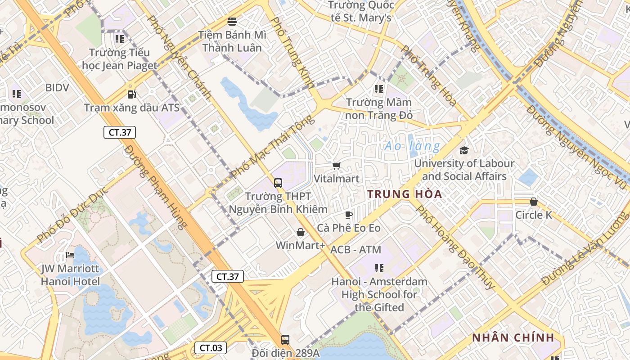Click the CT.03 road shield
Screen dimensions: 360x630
click(211, 347)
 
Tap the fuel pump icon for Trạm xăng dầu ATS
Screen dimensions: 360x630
click(131, 94)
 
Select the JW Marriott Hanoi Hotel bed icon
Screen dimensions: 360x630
click(70, 255)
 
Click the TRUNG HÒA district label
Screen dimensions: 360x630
click(405, 194)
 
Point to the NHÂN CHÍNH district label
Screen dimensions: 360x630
click(513, 338)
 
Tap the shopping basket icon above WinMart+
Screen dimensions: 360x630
click(300, 232)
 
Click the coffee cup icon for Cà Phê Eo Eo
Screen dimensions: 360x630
click(348, 215)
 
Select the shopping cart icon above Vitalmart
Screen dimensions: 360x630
click(336, 166)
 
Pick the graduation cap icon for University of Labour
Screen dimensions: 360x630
click(464, 150)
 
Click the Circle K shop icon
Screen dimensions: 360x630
click(533, 202)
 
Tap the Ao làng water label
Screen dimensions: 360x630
click(413, 146)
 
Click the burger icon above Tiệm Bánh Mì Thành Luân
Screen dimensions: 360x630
click(232, 21)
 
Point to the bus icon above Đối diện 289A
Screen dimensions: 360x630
click(285, 339)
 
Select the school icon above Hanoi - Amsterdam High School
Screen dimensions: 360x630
click(379, 268)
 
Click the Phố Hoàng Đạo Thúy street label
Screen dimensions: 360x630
click(455, 247)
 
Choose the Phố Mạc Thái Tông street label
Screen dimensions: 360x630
click(272, 147)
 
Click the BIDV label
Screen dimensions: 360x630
click(57, 88)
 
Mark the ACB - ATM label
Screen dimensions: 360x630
click(355, 250)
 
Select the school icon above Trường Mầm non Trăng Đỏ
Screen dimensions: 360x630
click(378, 89)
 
